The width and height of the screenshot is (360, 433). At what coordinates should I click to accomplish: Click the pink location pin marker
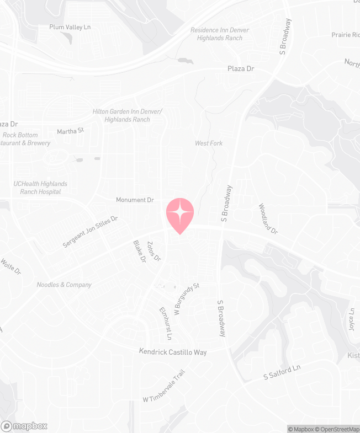[x=180, y=213]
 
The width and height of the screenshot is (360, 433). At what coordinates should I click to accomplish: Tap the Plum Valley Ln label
[x=70, y=26]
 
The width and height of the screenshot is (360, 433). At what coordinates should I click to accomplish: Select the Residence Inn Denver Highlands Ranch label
[x=219, y=34]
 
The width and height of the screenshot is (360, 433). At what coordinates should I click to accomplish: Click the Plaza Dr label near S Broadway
[x=241, y=69]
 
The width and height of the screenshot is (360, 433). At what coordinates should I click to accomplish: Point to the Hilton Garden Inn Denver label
[x=127, y=115]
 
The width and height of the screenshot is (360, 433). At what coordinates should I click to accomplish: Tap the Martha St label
[x=70, y=131]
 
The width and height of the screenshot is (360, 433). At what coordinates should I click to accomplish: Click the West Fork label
[x=209, y=143]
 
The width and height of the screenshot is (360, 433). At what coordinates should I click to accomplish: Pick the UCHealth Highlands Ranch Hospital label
[x=40, y=188]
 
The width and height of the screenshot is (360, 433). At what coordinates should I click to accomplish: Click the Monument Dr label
[x=135, y=200]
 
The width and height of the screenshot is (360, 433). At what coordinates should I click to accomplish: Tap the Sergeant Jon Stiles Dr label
[x=91, y=231]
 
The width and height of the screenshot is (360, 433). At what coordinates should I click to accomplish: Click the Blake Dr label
[x=139, y=250]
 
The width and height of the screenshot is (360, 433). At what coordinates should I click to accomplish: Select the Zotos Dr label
[x=154, y=251]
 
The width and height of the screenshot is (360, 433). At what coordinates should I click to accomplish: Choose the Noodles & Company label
[x=64, y=285]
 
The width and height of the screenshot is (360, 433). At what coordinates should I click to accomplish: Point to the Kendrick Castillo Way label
[x=173, y=351]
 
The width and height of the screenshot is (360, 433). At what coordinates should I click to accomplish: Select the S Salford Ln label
[x=282, y=372]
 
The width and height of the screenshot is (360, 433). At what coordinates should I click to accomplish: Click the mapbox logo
[x=24, y=426]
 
